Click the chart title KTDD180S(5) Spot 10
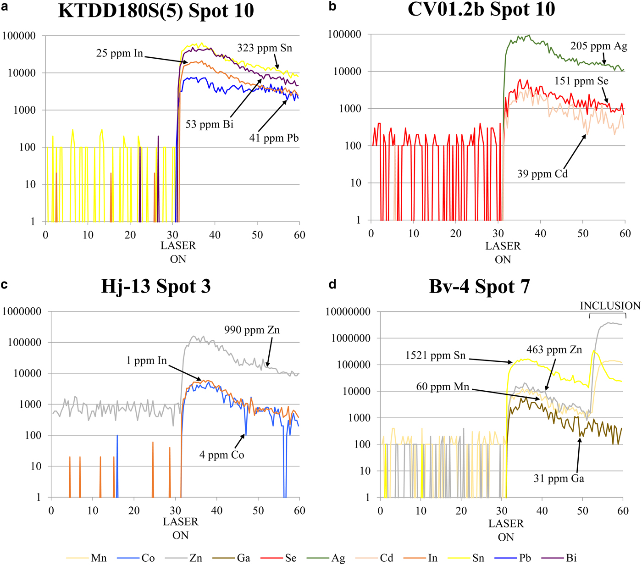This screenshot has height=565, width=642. pos(156,11)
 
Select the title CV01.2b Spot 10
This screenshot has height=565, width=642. pos(481,9)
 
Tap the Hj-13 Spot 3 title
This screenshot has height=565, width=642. pos(156,287)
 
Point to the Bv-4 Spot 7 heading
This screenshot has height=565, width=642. pos(479,287)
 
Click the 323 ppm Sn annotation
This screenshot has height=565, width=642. pos(264,48)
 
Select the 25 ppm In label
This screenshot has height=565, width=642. pos(119,53)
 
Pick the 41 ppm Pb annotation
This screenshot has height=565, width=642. pos(274,138)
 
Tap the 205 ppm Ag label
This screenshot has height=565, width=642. pos(598,46)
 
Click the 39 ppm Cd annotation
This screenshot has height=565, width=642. pos(542,174)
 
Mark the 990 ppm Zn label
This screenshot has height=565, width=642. pos(252,330)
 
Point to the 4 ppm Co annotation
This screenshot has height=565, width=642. pos(221,455)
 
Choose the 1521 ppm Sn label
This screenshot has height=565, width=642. pos(435,355)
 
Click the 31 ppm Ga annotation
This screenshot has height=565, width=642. pos(559,479)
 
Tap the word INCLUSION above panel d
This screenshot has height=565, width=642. pos(610,306)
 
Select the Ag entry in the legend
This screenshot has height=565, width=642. pos(338,558)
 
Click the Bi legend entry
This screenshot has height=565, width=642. pos(571,558)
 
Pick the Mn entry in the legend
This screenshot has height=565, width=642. pos(99,558)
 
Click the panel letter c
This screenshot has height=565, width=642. pos(4,285)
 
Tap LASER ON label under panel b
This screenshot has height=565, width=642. pos(503,253)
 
